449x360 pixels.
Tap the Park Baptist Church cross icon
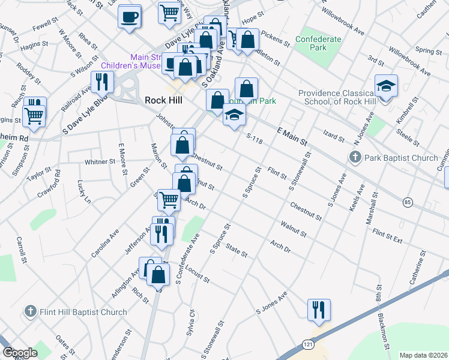point(355,158)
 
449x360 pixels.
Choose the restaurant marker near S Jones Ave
point(319,309)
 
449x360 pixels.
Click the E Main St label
point(292,137)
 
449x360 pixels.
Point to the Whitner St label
point(100,162)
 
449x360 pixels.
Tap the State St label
point(236,250)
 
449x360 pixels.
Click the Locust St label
point(197,275)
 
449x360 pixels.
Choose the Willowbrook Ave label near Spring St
point(409,62)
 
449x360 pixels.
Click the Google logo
point(20,353)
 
